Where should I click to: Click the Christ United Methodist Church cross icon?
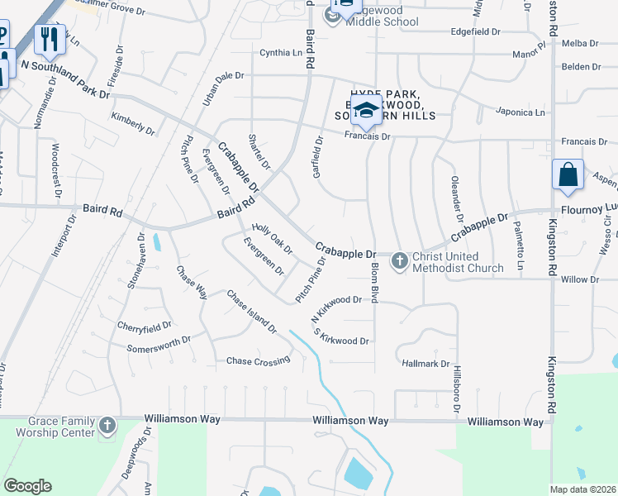(399, 261)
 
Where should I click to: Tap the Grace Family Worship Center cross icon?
(107, 426)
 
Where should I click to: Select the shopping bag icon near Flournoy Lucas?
(568, 174)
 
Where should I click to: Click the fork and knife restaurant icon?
(50, 38)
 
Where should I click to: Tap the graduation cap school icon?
(365, 109)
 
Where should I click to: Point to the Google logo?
(27, 486)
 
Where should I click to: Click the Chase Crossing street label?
(259, 360)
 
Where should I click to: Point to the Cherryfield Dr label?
(144, 327)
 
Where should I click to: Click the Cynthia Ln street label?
(281, 53)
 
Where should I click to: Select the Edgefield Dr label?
(476, 31)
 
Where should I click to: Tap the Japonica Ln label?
(521, 112)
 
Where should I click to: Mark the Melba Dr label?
(578, 42)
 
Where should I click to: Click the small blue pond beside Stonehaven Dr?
(157, 243)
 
